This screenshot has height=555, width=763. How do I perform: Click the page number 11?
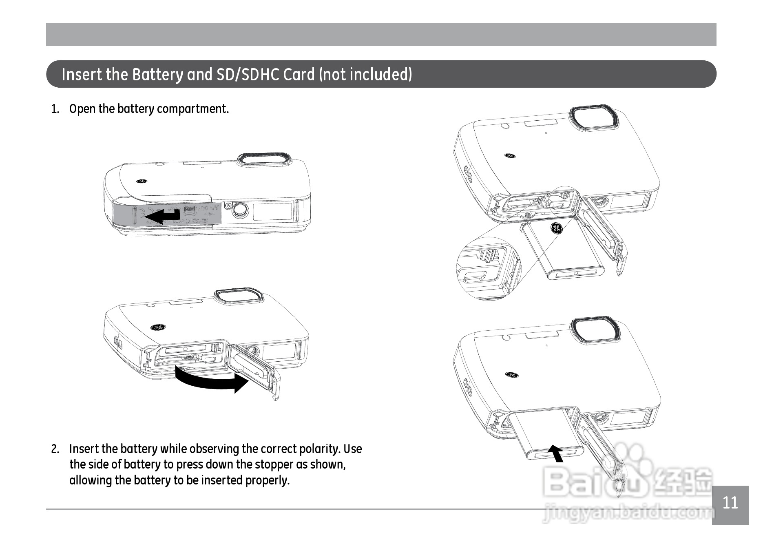point(730,503)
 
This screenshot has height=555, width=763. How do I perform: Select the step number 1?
point(55,109)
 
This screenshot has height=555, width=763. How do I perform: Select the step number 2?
point(55,449)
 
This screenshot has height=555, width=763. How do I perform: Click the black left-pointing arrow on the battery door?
point(163,215)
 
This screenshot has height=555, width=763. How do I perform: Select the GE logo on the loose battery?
point(557,228)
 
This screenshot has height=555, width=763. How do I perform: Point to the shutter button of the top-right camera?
point(594,118)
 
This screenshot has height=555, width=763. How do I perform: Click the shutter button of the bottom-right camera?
point(595,329)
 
